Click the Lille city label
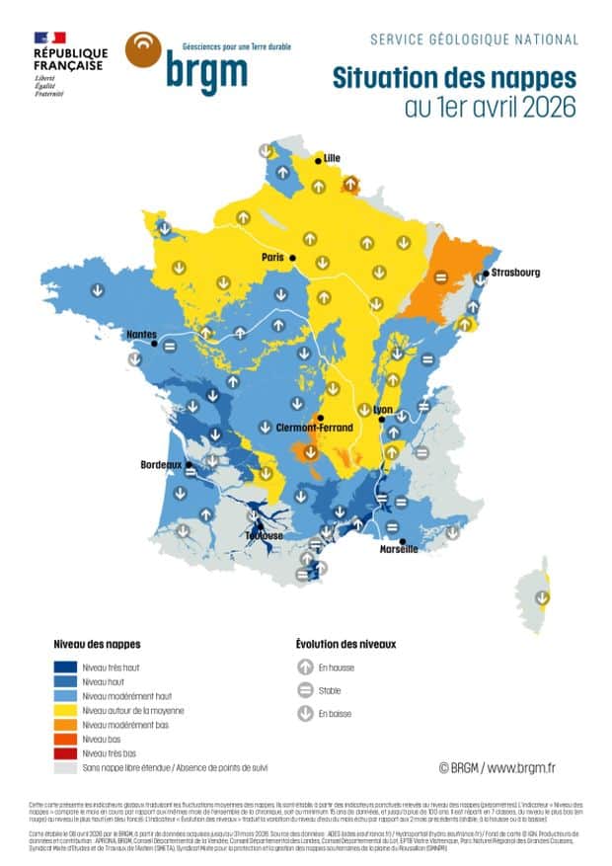[332, 158]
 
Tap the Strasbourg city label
[516, 273]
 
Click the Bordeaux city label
[163, 463]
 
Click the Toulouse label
[265, 536]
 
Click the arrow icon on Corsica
[541, 597]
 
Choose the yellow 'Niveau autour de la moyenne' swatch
[66, 710]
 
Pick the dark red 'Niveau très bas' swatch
[66, 752]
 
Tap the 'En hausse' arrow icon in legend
[305, 669]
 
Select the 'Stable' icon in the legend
[305, 690]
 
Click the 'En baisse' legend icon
[305, 713]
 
